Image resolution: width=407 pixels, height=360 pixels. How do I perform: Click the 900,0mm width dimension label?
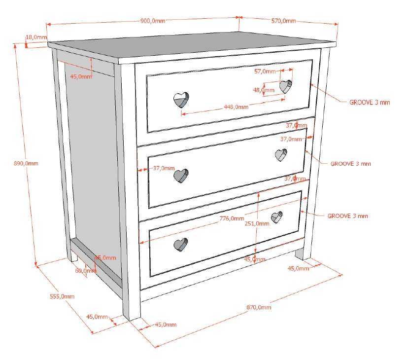pos(153,21)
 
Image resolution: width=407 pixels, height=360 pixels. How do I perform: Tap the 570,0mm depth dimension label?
pos(284,21)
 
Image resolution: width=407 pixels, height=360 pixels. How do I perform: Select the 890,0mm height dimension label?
pos(24,163)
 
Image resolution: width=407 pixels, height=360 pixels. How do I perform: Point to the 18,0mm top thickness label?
pos(36,37)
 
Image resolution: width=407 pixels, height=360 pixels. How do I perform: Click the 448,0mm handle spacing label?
pos(236,107)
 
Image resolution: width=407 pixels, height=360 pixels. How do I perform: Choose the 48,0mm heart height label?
pos(264,90)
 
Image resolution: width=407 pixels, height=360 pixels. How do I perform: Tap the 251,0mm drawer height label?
pos(257,223)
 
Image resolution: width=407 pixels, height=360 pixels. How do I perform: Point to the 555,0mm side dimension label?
pos(62,296)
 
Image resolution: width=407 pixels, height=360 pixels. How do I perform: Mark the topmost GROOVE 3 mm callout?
pos(370,102)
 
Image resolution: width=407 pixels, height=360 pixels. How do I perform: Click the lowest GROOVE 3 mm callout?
pos(348,216)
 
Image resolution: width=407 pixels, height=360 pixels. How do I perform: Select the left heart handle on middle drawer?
pos(181,175)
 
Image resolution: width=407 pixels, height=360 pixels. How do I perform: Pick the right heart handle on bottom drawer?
pos(277,217)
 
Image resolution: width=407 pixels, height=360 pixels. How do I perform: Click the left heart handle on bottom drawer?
pos(181,244)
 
